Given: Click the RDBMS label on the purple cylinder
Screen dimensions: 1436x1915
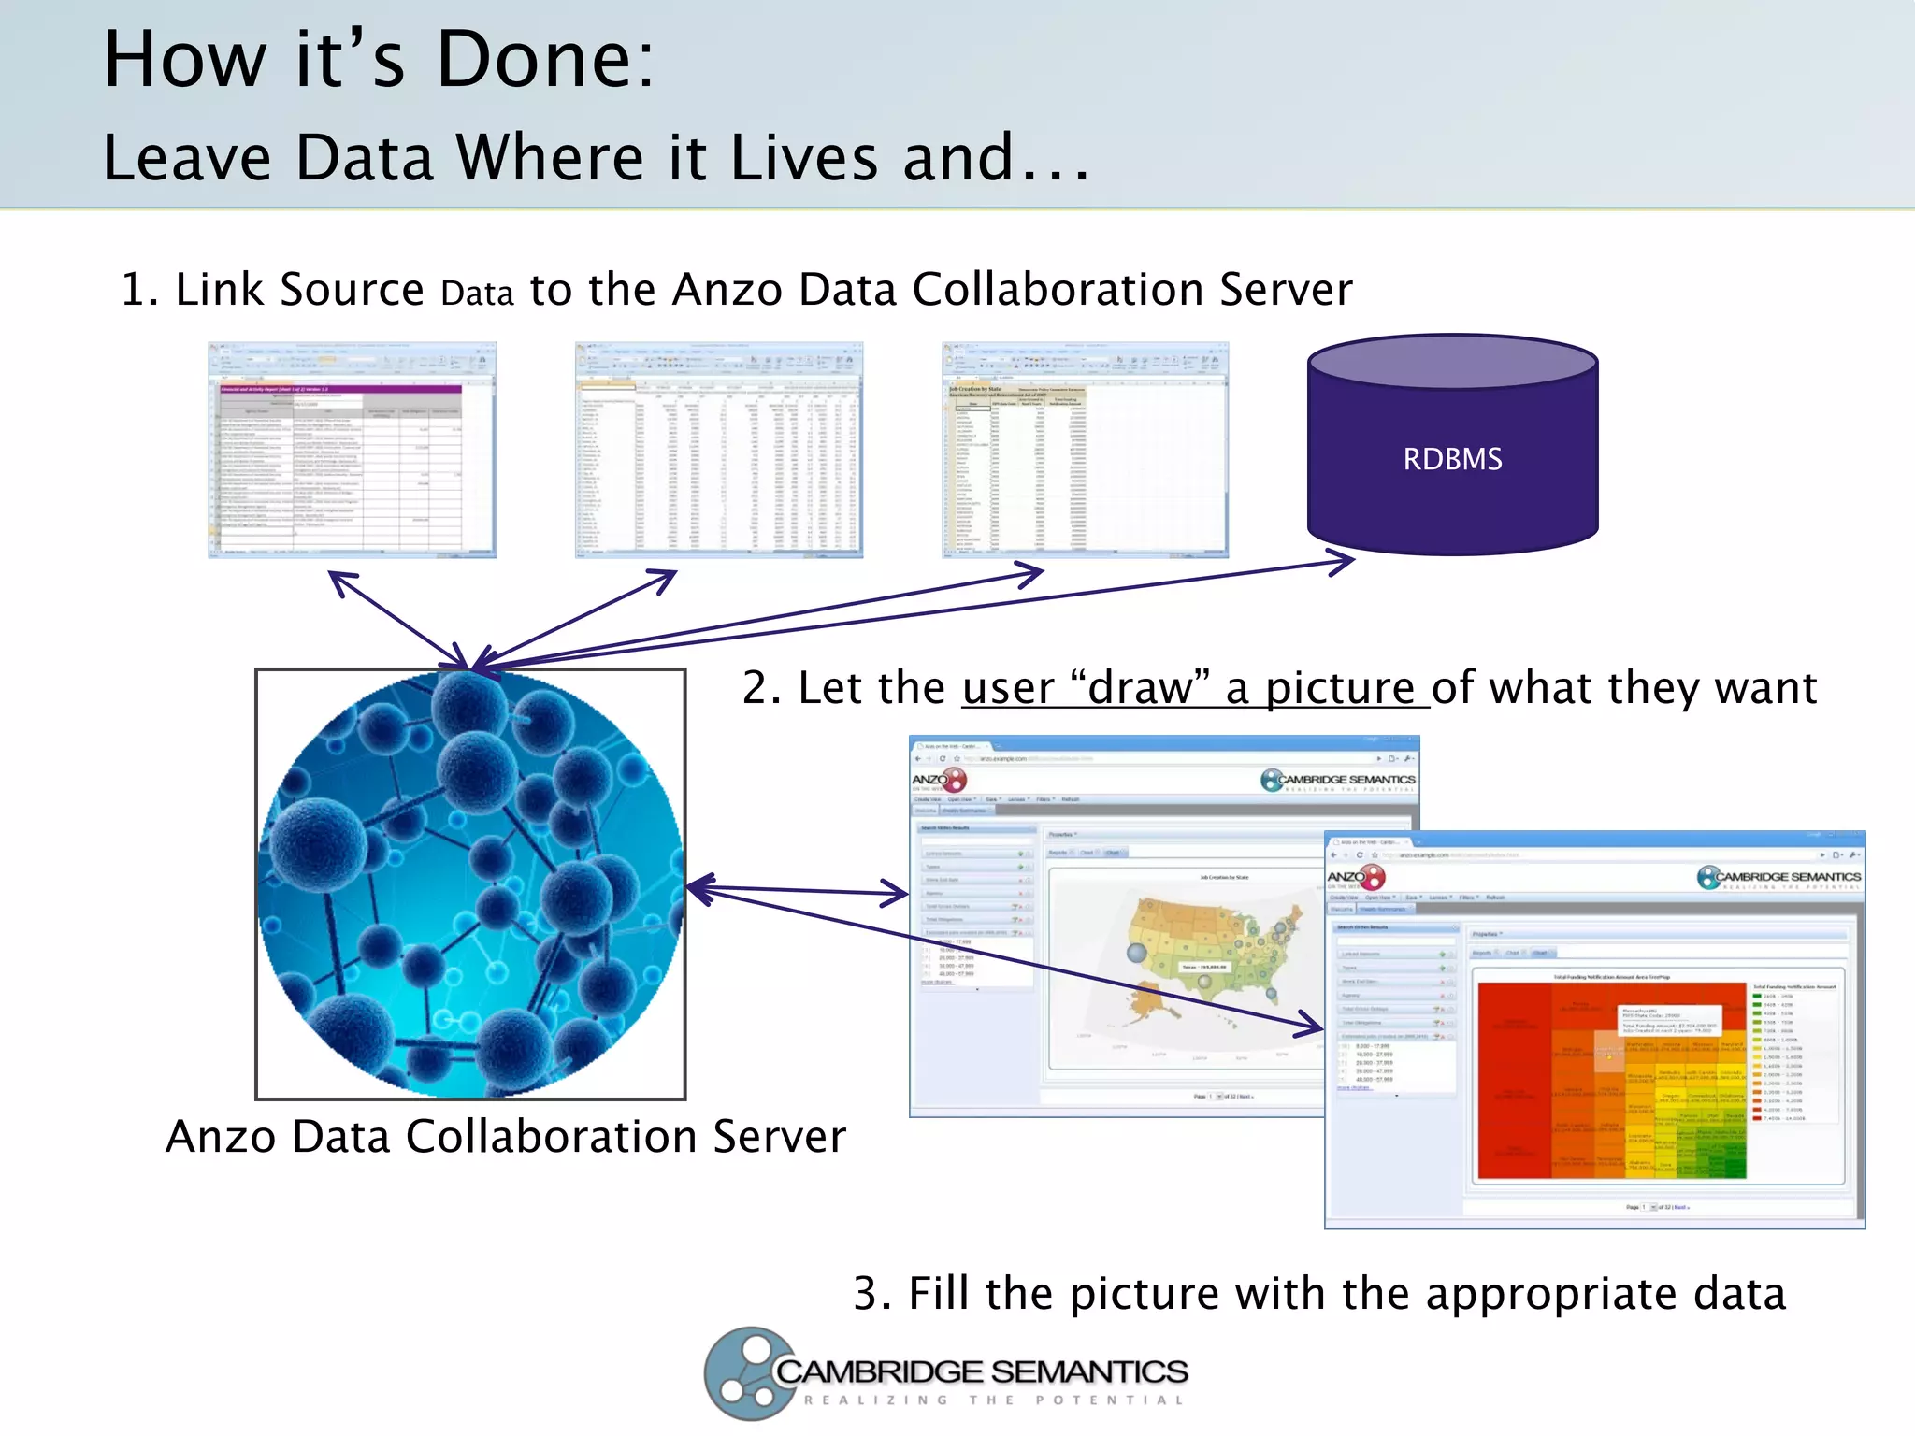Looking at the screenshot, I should (1452, 459).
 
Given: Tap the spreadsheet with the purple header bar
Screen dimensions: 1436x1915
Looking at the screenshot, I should (352, 450).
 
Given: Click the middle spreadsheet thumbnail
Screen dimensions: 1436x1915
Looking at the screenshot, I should (718, 450).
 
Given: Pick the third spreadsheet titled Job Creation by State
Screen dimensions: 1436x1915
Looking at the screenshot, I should (1085, 450).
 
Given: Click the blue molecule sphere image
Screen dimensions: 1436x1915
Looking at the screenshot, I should (470, 883).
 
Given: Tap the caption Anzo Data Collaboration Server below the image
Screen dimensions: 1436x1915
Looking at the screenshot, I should (505, 1137).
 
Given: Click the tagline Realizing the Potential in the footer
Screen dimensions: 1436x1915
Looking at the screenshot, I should (993, 1400).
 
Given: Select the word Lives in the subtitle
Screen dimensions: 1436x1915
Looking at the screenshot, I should (804, 158).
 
